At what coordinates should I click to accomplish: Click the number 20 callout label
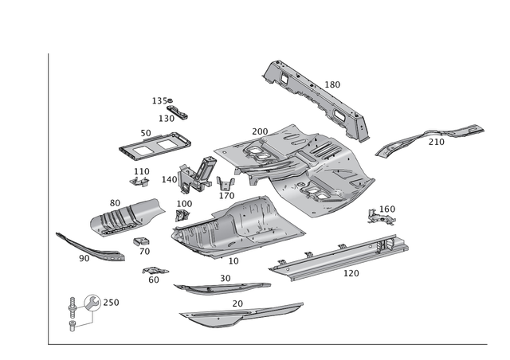[237, 303]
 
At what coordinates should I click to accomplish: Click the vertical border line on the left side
[49, 199]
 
